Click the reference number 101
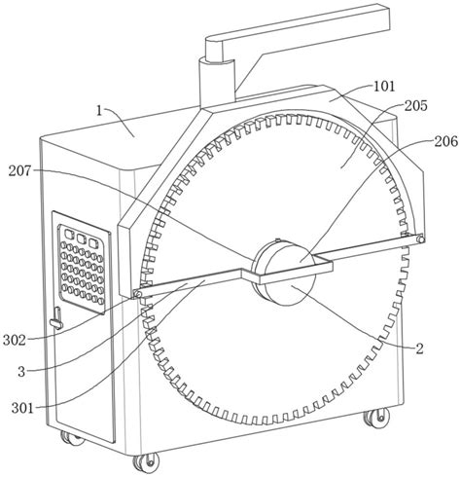(385, 87)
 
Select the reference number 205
(415, 105)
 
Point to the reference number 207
(19, 170)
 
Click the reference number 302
(15, 341)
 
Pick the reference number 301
(22, 408)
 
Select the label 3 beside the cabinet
(21, 372)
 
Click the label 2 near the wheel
(419, 349)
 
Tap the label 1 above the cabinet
(99, 111)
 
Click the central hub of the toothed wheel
(284, 272)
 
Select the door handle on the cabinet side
(57, 318)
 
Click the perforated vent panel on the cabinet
(82, 264)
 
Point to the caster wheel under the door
(72, 439)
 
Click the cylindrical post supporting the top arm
(217, 82)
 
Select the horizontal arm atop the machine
(297, 30)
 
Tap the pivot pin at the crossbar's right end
(420, 239)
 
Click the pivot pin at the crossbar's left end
(137, 294)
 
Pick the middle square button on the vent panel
(81, 238)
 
